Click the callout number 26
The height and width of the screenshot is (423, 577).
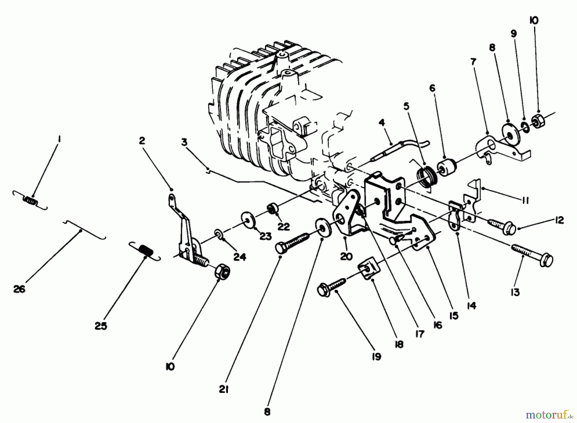tap(19, 289)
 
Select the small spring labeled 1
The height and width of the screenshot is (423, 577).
tap(30, 201)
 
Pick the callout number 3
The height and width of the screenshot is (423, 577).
tap(184, 142)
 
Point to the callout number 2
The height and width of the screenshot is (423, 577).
tap(142, 141)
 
